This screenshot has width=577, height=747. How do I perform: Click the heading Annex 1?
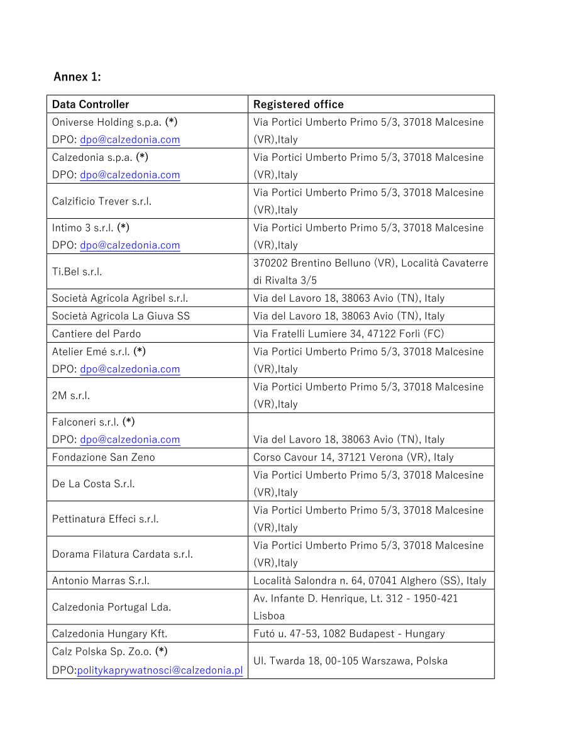click(77, 77)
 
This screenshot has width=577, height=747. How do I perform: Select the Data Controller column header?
click(91, 104)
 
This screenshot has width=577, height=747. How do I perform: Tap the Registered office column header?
click(299, 104)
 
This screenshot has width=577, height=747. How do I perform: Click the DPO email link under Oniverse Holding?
click(129, 140)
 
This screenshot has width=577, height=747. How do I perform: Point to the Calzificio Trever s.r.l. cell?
click(102, 201)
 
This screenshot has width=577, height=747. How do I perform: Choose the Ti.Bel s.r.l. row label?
click(77, 272)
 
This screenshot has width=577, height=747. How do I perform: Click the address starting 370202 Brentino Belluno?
click(370, 271)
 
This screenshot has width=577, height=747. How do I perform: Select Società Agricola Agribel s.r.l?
click(120, 298)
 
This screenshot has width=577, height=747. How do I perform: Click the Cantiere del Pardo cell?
click(97, 333)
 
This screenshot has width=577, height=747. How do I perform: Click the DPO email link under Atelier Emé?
click(129, 369)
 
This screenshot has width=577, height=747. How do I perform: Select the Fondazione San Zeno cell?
click(104, 457)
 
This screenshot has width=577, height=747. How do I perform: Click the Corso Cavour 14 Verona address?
click(353, 457)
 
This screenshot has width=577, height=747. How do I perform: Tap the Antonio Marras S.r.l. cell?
click(101, 580)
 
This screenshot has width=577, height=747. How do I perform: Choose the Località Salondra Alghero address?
click(370, 580)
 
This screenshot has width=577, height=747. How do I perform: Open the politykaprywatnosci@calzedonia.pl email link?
click(160, 670)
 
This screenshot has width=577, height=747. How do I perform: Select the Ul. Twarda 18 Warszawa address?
click(351, 660)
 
